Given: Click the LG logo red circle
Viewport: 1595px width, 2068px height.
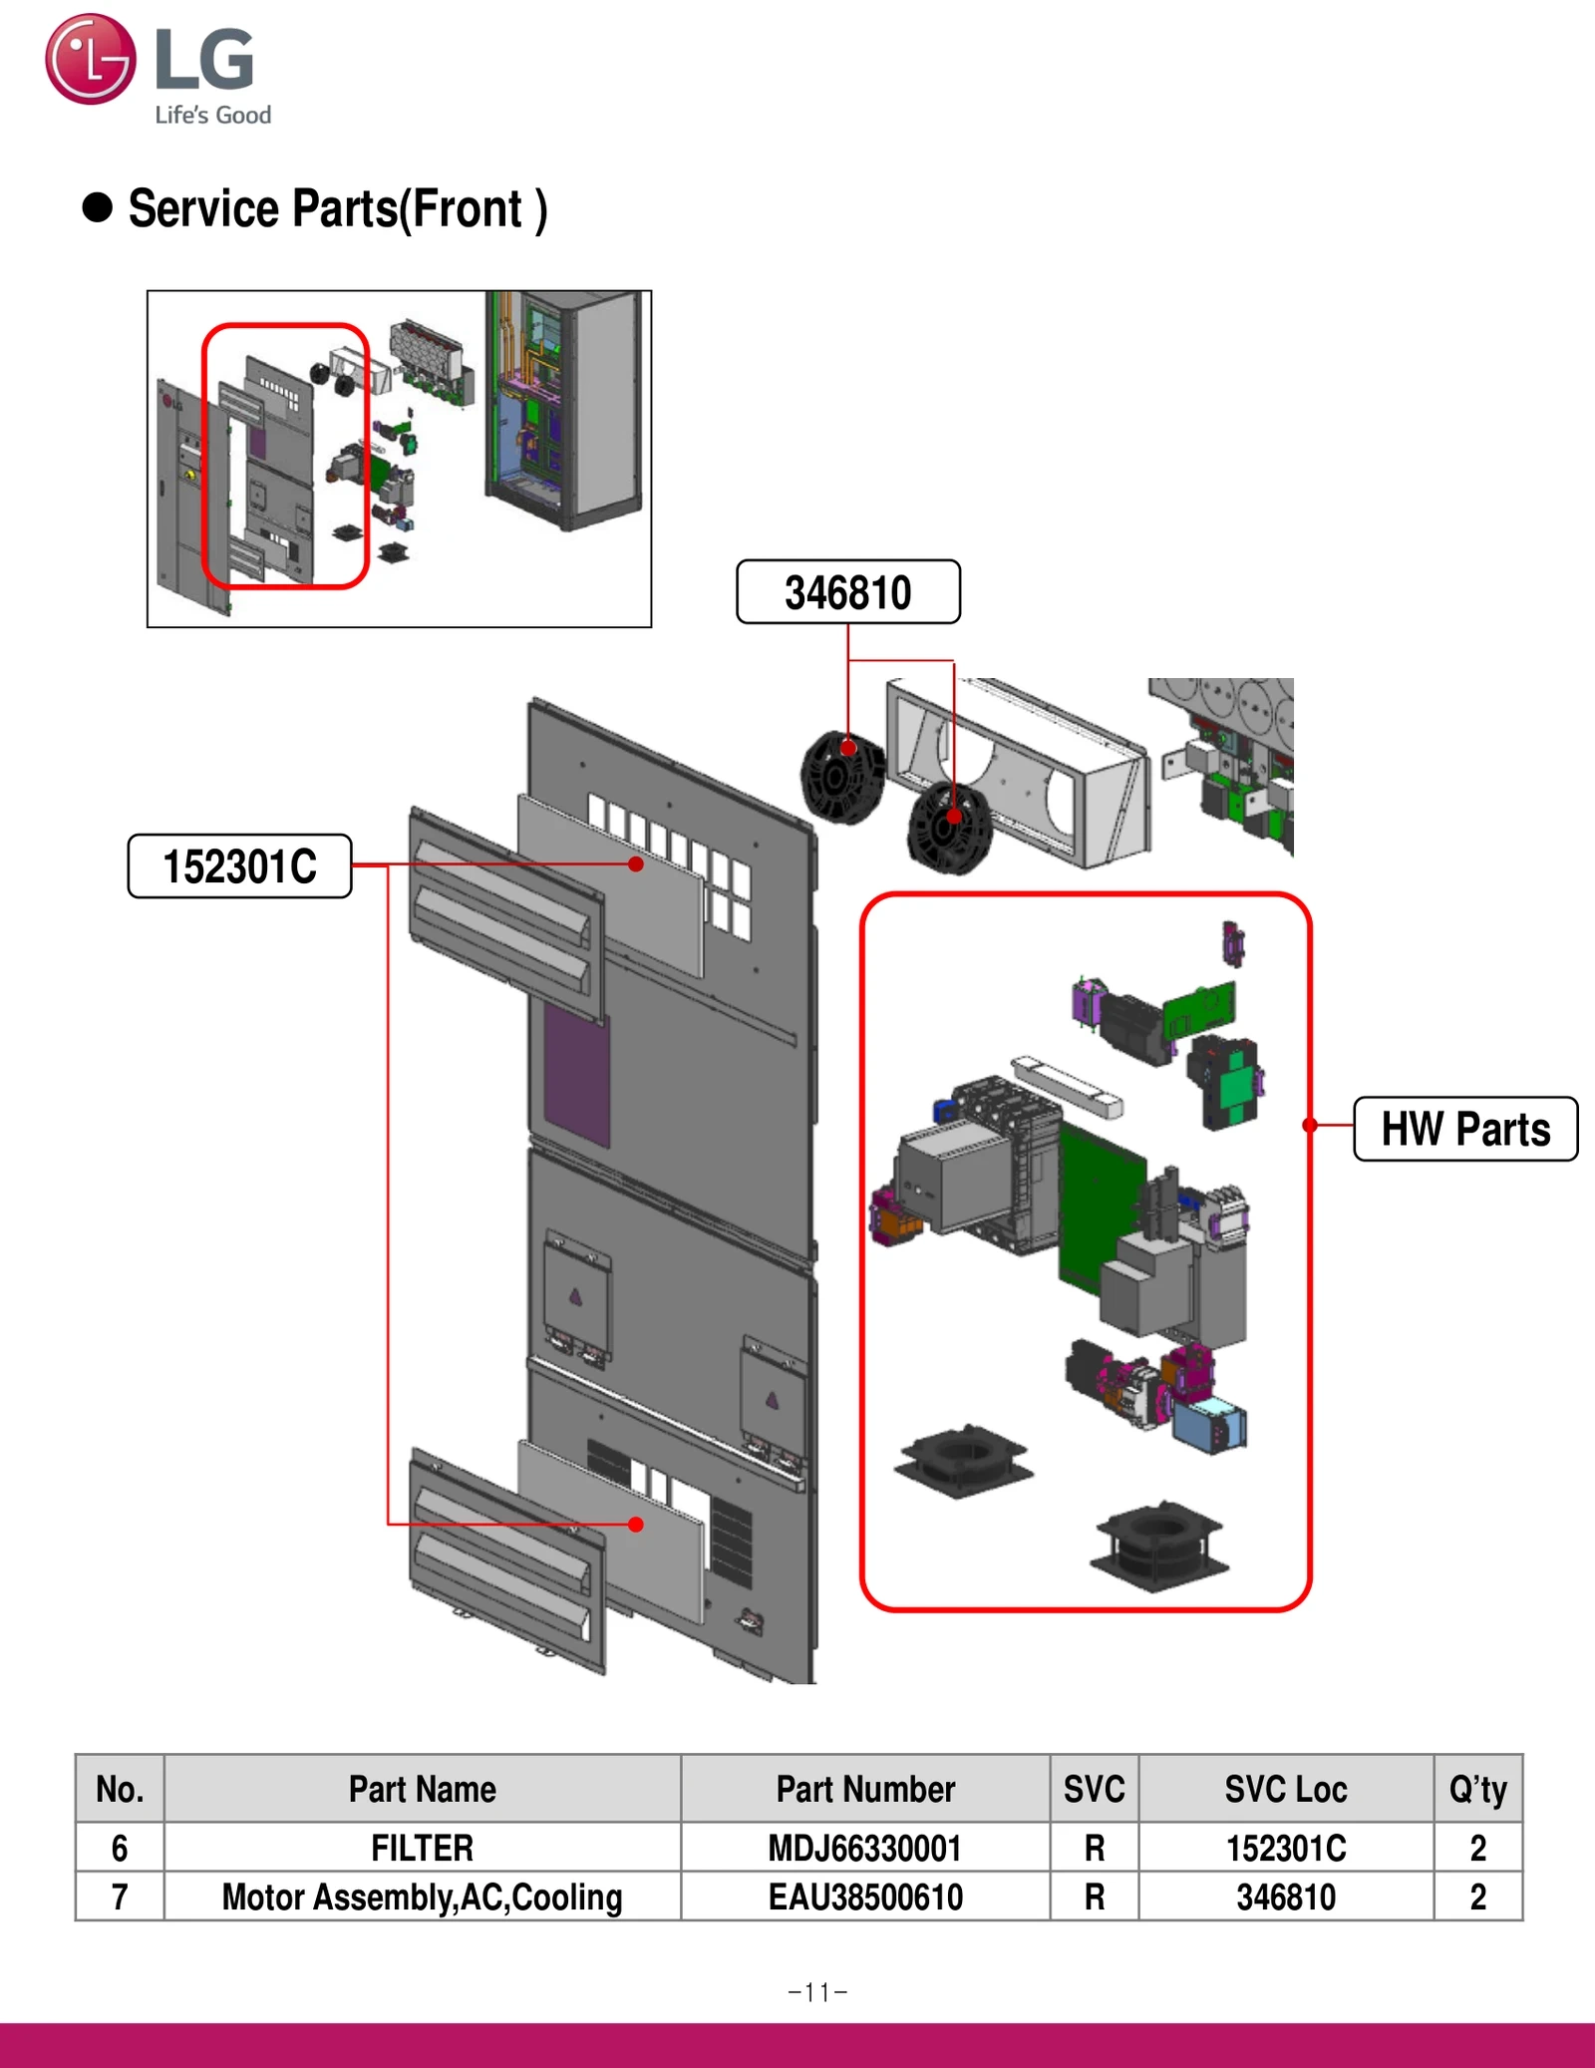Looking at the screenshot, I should coord(90,59).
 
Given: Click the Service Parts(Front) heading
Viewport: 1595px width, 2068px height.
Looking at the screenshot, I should coord(337,209).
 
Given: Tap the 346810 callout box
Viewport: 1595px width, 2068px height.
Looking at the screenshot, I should coord(847,592).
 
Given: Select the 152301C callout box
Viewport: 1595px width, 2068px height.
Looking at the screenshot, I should coord(239,866).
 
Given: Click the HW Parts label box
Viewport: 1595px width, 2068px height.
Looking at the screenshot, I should coord(1464,1130).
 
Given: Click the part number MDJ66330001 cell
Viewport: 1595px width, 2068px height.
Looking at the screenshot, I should coord(864,1848).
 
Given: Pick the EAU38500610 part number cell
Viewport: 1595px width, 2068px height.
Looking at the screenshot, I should coord(864,1896).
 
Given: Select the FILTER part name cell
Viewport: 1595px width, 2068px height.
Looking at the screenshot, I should coord(422,1848).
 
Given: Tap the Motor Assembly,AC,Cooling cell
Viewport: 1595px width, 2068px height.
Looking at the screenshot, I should coord(422,1896).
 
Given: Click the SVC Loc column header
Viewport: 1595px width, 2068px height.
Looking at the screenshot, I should coord(1285,1790).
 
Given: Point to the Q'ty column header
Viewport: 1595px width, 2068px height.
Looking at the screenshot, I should coord(1477,1790).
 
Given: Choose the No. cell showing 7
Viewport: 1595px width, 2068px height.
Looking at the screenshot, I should coord(120,1896).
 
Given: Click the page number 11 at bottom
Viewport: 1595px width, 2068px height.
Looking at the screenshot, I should coord(817,1992).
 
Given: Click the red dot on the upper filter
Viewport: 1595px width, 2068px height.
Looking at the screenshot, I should coord(636,864).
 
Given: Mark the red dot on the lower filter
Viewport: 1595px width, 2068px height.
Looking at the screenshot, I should coord(636,1525).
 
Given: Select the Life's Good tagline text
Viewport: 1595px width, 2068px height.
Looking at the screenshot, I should coord(212,116).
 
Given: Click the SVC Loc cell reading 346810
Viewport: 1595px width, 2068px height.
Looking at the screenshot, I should coord(1285,1896).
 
